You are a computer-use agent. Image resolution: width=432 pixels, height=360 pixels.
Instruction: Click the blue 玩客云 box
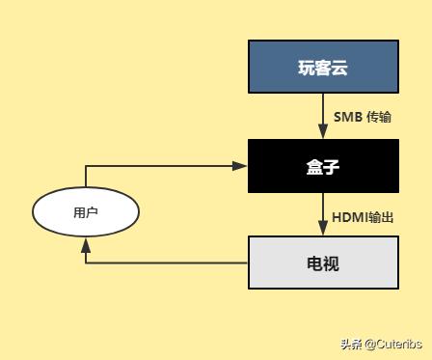coord(323,68)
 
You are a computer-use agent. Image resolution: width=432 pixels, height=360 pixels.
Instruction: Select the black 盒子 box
coord(323,166)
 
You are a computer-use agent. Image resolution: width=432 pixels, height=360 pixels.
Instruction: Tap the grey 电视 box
coord(323,263)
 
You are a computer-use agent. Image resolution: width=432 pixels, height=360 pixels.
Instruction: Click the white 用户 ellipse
coord(86,212)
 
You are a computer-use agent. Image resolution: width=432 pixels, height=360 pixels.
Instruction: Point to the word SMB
coord(347,117)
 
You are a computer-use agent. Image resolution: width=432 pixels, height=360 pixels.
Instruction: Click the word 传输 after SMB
coord(380,117)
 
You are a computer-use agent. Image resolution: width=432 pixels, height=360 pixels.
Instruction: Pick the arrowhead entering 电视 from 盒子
coord(323,231)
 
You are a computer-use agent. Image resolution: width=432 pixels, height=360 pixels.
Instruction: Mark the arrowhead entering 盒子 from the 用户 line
coord(242,166)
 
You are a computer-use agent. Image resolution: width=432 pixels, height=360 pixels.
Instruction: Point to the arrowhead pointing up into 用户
coord(86,245)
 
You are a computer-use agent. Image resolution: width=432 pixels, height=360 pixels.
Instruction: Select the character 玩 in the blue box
coord(306,68)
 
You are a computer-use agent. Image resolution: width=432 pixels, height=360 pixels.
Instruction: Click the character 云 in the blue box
coord(339,68)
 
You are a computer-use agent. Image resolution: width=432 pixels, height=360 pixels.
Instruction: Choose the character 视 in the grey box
coord(331,263)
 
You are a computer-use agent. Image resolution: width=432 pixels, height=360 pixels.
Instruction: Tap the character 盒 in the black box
coord(314,166)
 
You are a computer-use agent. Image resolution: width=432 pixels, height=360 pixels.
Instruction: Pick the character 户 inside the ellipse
coord(93,212)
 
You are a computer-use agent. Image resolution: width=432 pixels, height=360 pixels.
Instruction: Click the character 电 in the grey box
coord(314,263)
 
